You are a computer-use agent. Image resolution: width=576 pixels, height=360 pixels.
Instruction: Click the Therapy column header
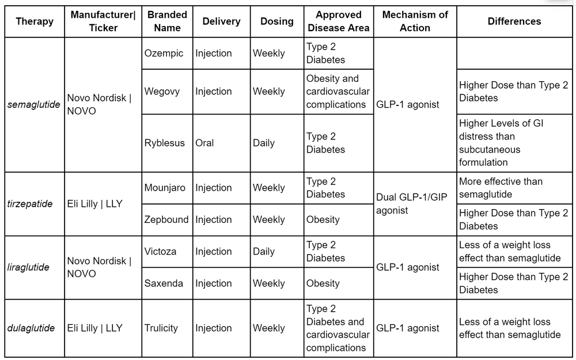pyautogui.click(x=35, y=21)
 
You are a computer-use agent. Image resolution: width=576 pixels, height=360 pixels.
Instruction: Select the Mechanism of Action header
pyautogui.click(x=415, y=21)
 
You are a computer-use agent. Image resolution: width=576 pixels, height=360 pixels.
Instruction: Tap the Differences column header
pyautogui.click(x=514, y=21)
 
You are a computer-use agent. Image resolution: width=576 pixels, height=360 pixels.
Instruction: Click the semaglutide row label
pyautogui.click(x=34, y=104)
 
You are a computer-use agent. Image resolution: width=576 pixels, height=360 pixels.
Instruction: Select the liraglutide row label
pyautogui.click(x=29, y=267)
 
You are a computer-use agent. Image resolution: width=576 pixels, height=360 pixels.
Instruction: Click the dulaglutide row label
pyautogui.click(x=31, y=328)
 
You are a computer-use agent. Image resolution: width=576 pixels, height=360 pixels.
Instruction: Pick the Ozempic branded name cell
pyautogui.click(x=164, y=53)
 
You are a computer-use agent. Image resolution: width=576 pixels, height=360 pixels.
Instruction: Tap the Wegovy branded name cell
pyautogui.click(x=162, y=91)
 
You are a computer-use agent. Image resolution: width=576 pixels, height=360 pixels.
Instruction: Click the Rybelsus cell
pyautogui.click(x=165, y=143)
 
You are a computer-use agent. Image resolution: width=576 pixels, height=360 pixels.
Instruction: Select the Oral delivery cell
pyautogui.click(x=204, y=143)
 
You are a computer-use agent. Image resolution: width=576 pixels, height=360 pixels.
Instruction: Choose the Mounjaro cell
pyautogui.click(x=165, y=188)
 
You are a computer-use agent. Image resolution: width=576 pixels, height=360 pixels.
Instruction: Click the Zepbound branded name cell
pyautogui.click(x=166, y=219)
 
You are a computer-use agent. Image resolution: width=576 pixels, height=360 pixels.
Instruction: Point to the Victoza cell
pyautogui.click(x=161, y=252)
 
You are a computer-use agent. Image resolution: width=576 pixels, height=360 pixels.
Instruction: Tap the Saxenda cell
pyautogui.click(x=164, y=283)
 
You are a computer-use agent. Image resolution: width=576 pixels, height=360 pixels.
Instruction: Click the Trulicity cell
pyautogui.click(x=161, y=328)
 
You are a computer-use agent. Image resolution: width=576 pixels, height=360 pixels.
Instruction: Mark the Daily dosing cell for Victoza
pyautogui.click(x=264, y=252)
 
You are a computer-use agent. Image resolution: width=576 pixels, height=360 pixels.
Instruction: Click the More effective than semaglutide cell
pyautogui.click(x=501, y=188)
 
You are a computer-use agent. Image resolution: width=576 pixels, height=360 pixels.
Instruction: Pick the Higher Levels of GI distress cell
pyautogui.click(x=501, y=143)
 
